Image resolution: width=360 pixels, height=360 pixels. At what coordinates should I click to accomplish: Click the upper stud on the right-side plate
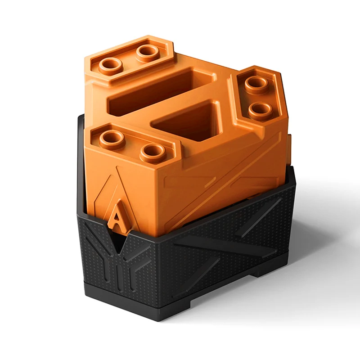(257, 84)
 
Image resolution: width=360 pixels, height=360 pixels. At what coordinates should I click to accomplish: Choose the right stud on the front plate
(153, 153)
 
